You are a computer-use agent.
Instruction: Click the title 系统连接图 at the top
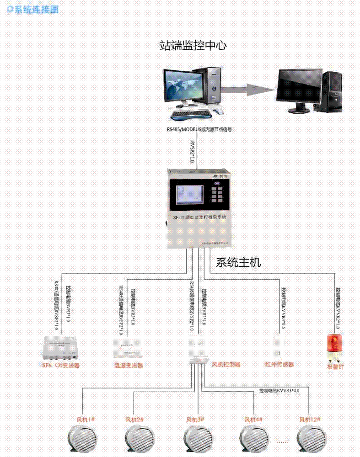tap(36, 10)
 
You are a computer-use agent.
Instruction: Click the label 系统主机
tap(238, 263)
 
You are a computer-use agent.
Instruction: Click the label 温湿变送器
tap(129, 366)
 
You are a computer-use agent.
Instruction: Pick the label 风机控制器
tap(226, 365)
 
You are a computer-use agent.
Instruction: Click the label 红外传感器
tap(279, 365)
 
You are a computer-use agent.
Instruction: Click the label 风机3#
tap(195, 420)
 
